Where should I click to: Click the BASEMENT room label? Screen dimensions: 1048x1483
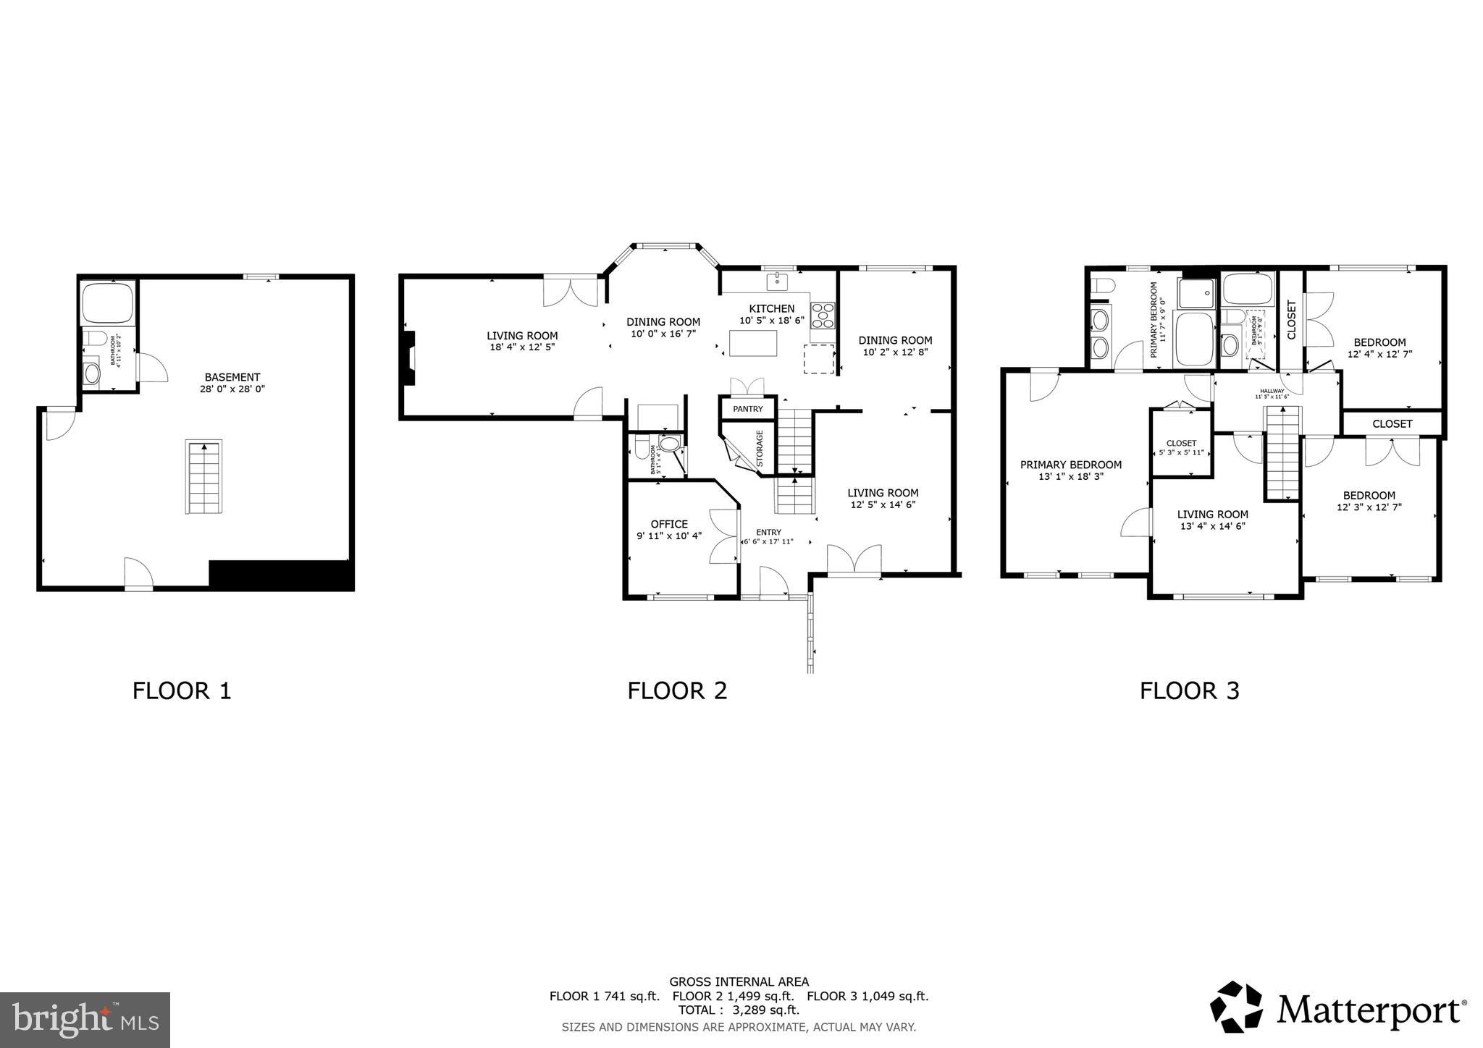tap(232, 377)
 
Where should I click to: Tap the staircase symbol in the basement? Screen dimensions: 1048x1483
tap(204, 477)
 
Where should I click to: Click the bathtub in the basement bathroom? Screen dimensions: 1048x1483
tap(107, 303)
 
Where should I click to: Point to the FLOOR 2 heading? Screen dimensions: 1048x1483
tap(676, 690)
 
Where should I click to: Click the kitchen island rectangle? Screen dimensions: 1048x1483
tap(752, 343)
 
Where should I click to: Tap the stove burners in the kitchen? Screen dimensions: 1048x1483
tap(823, 316)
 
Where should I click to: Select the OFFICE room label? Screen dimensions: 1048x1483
tap(669, 524)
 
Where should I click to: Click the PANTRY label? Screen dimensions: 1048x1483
tap(747, 409)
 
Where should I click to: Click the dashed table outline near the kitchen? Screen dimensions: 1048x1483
tap(819, 359)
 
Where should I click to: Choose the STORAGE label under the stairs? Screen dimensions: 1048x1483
tap(760, 449)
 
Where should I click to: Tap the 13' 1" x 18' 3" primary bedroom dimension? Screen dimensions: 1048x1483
tap(1070, 477)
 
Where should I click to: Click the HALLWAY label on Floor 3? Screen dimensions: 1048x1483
tap(1272, 391)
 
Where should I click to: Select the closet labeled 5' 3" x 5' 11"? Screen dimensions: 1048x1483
tap(1181, 448)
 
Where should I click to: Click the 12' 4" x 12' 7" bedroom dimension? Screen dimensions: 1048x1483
tap(1379, 355)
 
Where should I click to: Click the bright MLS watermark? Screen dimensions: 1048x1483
tap(85, 1020)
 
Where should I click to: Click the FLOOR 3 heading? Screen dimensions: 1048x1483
tap(1189, 690)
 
